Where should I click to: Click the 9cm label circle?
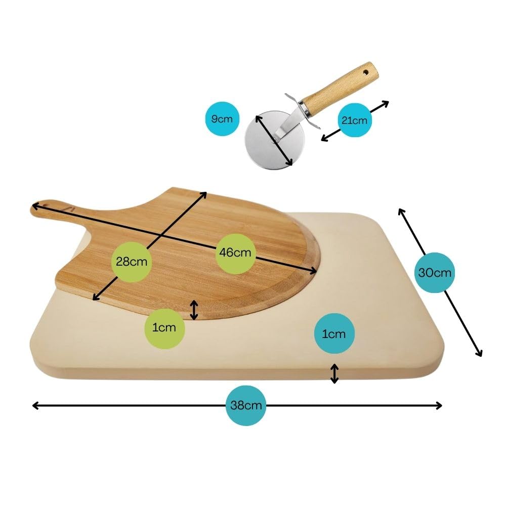tap(222, 119)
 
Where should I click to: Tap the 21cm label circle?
tap(355, 120)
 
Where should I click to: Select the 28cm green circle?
tap(132, 262)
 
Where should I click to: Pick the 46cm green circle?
tap(236, 254)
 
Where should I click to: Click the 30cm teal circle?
tap(435, 273)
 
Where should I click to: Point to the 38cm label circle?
tap(246, 405)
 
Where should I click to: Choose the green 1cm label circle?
tap(164, 328)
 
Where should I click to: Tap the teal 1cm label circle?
tap(334, 333)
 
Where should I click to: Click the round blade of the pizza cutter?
tap(275, 140)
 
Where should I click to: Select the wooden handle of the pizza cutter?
tap(342, 88)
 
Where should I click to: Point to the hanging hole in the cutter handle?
tap(366, 72)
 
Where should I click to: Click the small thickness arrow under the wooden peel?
tap(194, 310)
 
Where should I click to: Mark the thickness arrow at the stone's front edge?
tap(334, 374)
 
